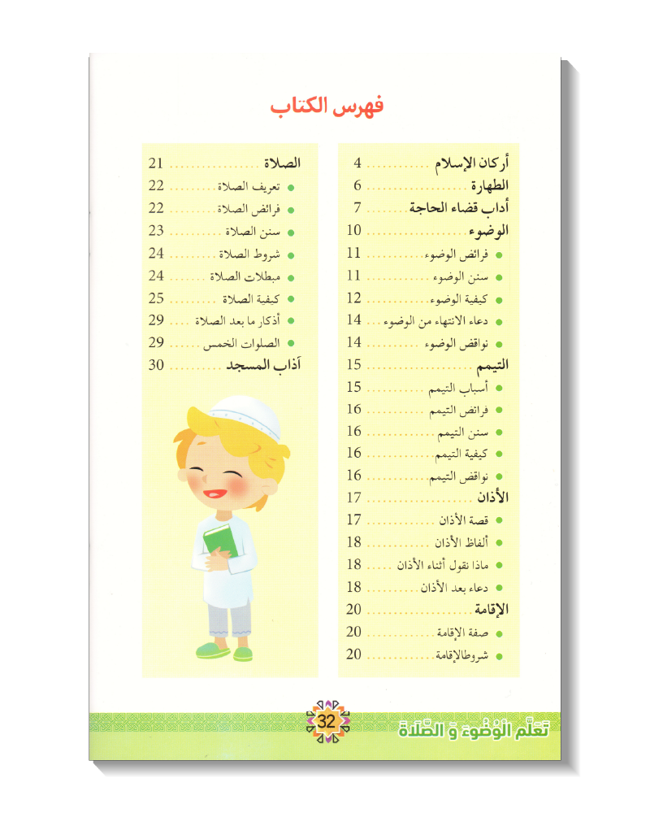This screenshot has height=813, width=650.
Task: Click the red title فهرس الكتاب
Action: coord(325,107)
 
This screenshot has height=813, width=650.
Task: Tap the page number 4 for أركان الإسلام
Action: coord(357,163)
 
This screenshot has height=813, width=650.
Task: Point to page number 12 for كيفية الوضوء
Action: coord(353,298)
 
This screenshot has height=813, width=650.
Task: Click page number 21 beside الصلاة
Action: coord(157,163)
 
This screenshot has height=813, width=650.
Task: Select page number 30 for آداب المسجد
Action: coord(157,365)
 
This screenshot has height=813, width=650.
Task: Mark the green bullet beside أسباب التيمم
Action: coord(498,389)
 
